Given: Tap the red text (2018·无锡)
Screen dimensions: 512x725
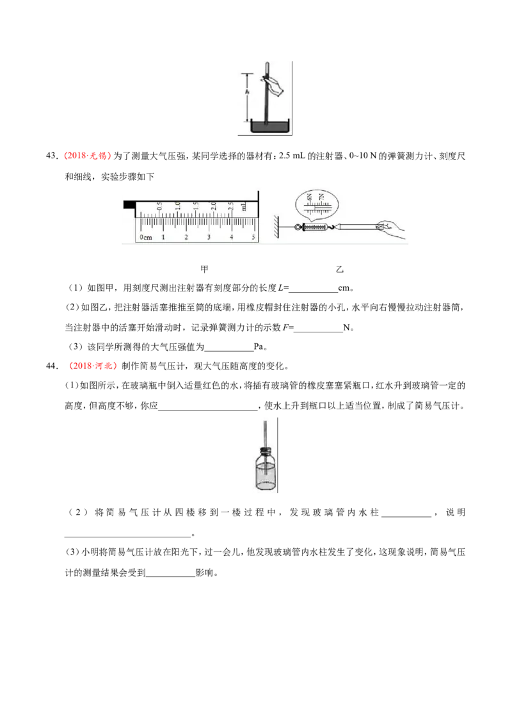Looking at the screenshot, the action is coord(87,156).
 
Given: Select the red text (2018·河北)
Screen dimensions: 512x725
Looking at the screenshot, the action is coord(93,366).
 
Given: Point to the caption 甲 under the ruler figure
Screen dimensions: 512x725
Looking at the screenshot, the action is coord(204,269).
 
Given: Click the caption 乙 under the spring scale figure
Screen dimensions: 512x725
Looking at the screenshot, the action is coord(340,269).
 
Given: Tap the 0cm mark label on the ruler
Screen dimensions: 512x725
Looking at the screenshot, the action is coord(145,237).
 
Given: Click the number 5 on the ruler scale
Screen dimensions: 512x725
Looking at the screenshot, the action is coord(253,237).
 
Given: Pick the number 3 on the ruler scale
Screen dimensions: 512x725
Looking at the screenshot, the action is coord(209,237).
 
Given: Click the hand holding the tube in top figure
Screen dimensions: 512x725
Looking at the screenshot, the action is coord(273,86).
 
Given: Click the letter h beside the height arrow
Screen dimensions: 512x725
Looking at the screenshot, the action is coord(247,92).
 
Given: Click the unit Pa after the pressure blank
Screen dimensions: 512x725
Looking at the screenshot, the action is coord(259,346).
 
